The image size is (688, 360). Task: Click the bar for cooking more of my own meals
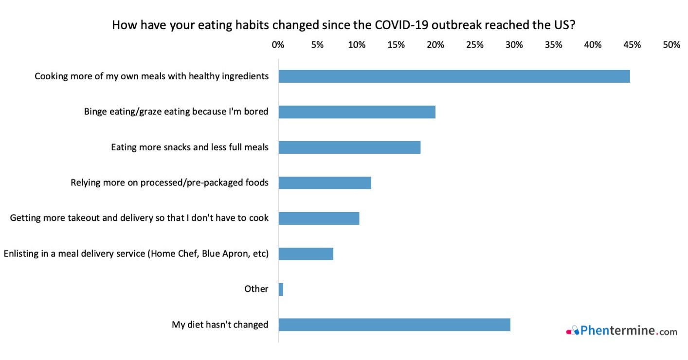coord(454,76)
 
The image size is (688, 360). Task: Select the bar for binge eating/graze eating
coord(357,112)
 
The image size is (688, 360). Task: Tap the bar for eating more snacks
coord(349,147)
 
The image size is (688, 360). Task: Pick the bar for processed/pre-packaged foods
coord(325,183)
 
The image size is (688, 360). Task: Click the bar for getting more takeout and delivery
coord(319,218)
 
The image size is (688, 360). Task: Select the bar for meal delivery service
coord(306,253)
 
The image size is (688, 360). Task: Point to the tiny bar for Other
coord(281,289)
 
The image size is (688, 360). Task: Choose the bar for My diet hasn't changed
coord(394,324)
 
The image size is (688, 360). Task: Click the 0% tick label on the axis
coord(278,45)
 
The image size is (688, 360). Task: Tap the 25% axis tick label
coord(475,45)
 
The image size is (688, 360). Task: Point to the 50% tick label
coord(671,45)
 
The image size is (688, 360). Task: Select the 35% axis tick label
coord(554,45)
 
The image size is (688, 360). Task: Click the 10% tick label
coord(357,45)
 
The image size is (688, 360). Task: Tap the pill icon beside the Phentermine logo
coord(573,331)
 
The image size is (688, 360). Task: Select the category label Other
coord(256,289)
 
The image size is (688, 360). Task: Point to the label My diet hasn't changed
coord(220,324)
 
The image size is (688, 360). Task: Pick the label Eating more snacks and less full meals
coord(190,147)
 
